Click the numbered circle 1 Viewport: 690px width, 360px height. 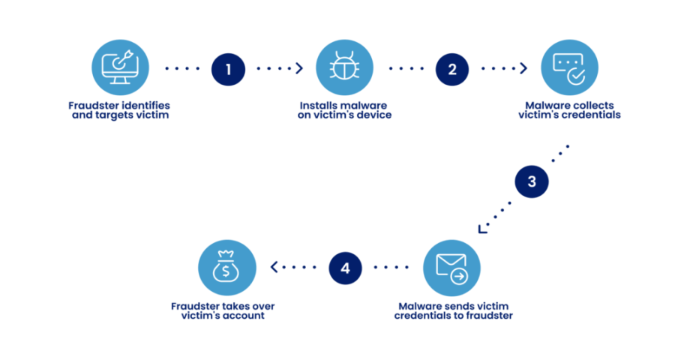229,69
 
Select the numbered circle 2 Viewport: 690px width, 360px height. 452,69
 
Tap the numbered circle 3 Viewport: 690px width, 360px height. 532,181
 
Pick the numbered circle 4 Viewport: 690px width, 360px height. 345,268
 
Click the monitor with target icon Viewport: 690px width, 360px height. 121,67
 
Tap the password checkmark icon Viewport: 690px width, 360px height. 569,67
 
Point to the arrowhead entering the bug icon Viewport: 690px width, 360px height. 299,68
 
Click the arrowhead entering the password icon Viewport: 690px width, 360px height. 523,68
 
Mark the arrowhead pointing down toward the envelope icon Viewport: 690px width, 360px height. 482,229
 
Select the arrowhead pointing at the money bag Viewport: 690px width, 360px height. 274,267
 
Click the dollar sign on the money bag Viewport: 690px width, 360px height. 226,271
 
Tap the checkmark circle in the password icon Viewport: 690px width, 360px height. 576,76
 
